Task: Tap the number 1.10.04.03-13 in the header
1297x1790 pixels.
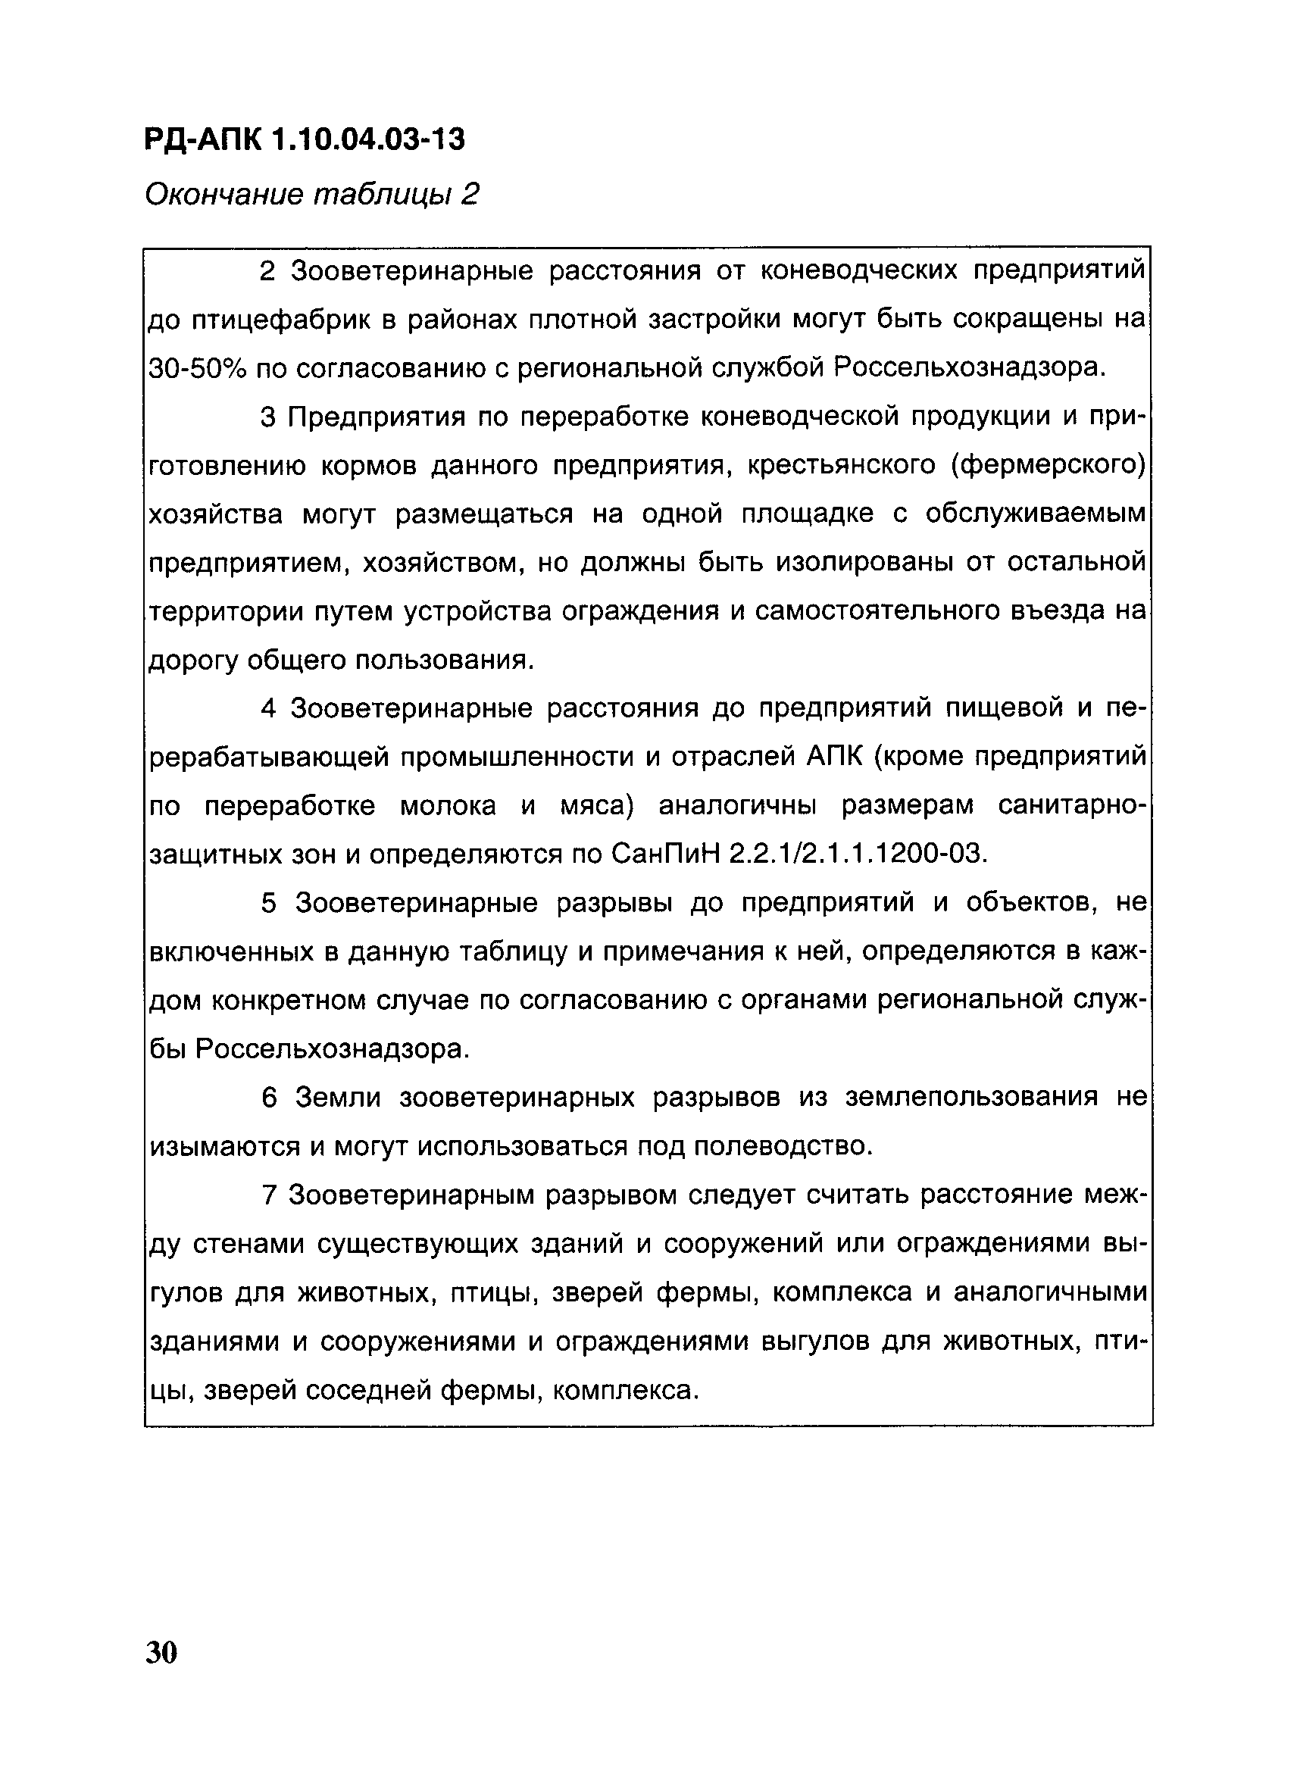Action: pos(370,140)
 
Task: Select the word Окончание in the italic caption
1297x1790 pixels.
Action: pos(223,194)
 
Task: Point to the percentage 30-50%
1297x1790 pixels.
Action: pos(197,368)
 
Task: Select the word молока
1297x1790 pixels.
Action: pos(448,806)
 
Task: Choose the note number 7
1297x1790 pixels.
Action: pos(268,1195)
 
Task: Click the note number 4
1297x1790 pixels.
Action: pos(268,709)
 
